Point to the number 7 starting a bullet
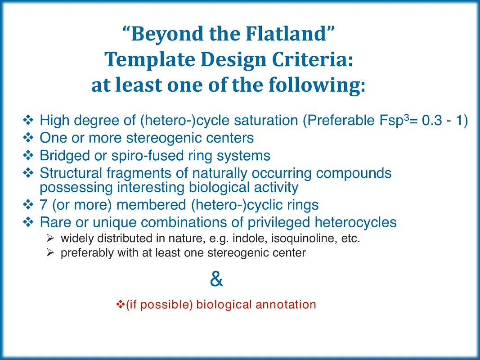click(44, 205)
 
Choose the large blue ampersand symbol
click(216, 279)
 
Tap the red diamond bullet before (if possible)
click(120, 305)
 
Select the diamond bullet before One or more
click(28, 138)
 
